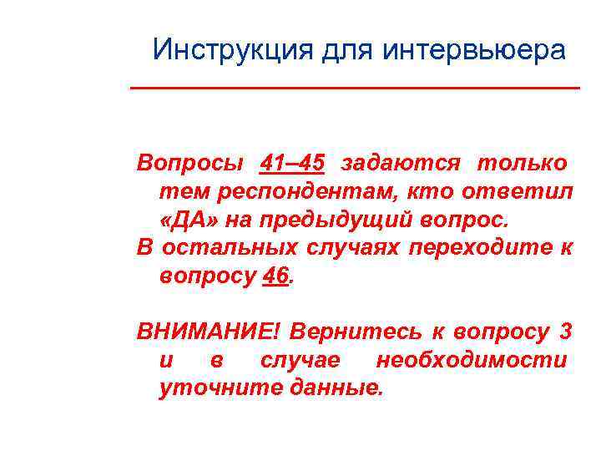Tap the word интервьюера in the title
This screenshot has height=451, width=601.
[473, 50]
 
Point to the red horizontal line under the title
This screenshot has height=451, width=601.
[355, 88]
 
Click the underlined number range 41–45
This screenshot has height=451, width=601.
[293, 162]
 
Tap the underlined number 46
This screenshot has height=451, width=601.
[275, 276]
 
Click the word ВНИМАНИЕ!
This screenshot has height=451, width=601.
[210, 332]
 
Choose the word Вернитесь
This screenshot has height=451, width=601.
[356, 332]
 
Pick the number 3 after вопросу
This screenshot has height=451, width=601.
[565, 332]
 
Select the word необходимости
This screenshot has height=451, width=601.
[472, 361]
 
